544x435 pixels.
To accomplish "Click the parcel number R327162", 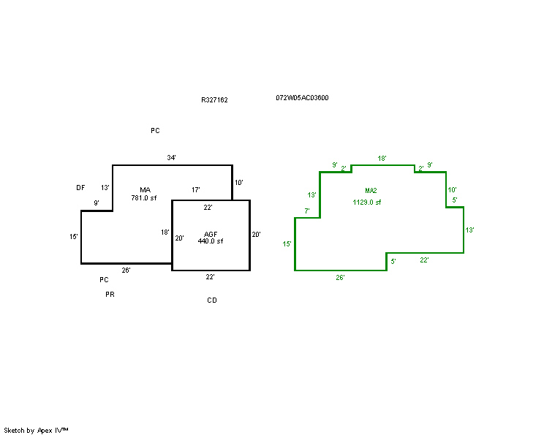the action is pos(214,100).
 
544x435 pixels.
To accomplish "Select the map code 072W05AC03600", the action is pos(302,98).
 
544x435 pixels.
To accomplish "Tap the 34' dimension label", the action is pos(171,157).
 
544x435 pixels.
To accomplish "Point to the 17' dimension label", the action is pos(196,190).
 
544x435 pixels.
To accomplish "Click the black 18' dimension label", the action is pos(165,232).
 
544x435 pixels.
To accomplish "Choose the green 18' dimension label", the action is pos(382,158).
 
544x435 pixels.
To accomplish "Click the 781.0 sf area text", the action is pos(144,198).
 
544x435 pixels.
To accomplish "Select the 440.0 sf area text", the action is pos(211,241).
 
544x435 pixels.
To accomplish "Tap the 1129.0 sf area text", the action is pos(367,203).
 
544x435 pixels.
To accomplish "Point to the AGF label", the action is pos(211,234).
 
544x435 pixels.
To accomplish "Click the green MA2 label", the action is pos(371,190).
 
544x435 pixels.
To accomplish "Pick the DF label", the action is pos(80,188).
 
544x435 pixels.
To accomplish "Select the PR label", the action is pos(110,295).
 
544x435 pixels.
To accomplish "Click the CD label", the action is pos(212,300).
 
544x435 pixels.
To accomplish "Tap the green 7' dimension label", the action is pos(307,211).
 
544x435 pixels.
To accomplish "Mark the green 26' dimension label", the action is pos(340,278).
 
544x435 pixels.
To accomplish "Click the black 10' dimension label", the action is pos(239,183).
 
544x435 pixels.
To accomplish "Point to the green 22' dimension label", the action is pos(424,260).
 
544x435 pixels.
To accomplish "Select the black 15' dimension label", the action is pos(74,237).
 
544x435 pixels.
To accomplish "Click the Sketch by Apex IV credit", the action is pos(36,431).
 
